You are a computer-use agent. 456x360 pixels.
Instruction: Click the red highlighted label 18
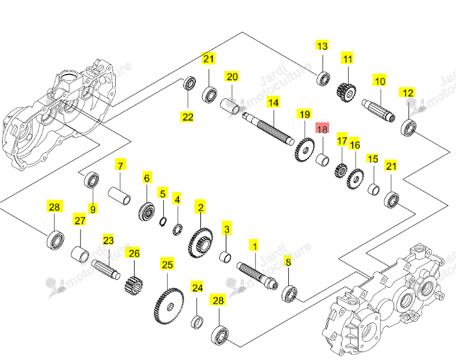[x=322, y=128]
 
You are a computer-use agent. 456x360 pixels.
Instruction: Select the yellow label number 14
[x=273, y=102]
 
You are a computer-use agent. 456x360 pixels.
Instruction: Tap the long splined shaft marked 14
[x=269, y=128]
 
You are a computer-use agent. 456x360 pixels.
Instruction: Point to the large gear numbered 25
[x=169, y=306]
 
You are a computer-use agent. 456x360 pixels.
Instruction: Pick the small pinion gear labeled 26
[x=134, y=286]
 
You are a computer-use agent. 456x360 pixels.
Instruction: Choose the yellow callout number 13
[x=322, y=46]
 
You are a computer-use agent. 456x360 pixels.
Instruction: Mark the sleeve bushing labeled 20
[x=230, y=106]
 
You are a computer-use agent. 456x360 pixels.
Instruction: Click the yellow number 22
[x=187, y=117]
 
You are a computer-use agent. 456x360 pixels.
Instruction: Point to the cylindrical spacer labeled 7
[x=119, y=196]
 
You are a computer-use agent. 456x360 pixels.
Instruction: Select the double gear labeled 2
[x=200, y=243]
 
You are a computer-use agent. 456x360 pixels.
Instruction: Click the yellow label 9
[x=93, y=208]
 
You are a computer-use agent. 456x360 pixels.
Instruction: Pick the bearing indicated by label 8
[x=289, y=294]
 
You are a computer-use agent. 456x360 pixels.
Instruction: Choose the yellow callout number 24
[x=198, y=287]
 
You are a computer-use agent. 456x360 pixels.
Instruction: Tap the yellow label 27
[x=79, y=220]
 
